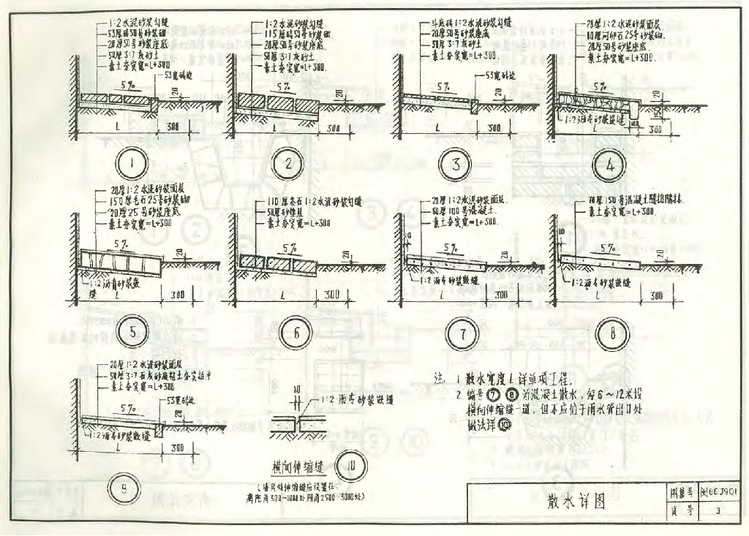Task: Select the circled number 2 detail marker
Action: [289, 162]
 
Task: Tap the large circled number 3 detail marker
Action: [456, 164]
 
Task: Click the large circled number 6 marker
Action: [297, 333]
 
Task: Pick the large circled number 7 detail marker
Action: [463, 334]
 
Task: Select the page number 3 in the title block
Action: [719, 511]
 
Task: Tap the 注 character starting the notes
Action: [439, 379]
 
